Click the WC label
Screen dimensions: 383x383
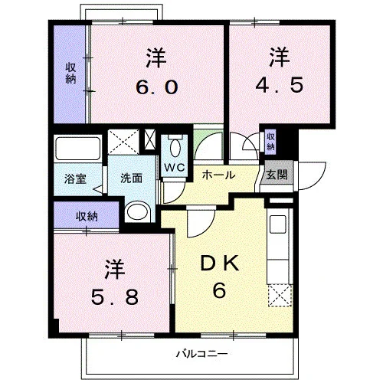[175, 168]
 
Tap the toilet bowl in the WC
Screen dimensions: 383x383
[175, 147]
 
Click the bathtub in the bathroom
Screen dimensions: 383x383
[78, 149]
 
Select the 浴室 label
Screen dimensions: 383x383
[75, 179]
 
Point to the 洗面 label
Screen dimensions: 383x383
[131, 178]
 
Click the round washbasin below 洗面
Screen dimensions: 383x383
[138, 211]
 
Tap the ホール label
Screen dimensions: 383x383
[218, 175]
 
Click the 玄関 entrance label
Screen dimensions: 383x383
[277, 175]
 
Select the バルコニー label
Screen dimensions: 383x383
[202, 354]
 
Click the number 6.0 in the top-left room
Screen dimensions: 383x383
[156, 87]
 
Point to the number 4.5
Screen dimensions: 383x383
[280, 85]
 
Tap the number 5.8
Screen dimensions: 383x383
[115, 297]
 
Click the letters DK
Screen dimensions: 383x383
[220, 264]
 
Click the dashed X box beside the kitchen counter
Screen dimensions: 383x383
[280, 296]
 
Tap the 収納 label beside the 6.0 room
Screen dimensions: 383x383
[70, 74]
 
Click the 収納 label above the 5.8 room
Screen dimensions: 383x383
[87, 217]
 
